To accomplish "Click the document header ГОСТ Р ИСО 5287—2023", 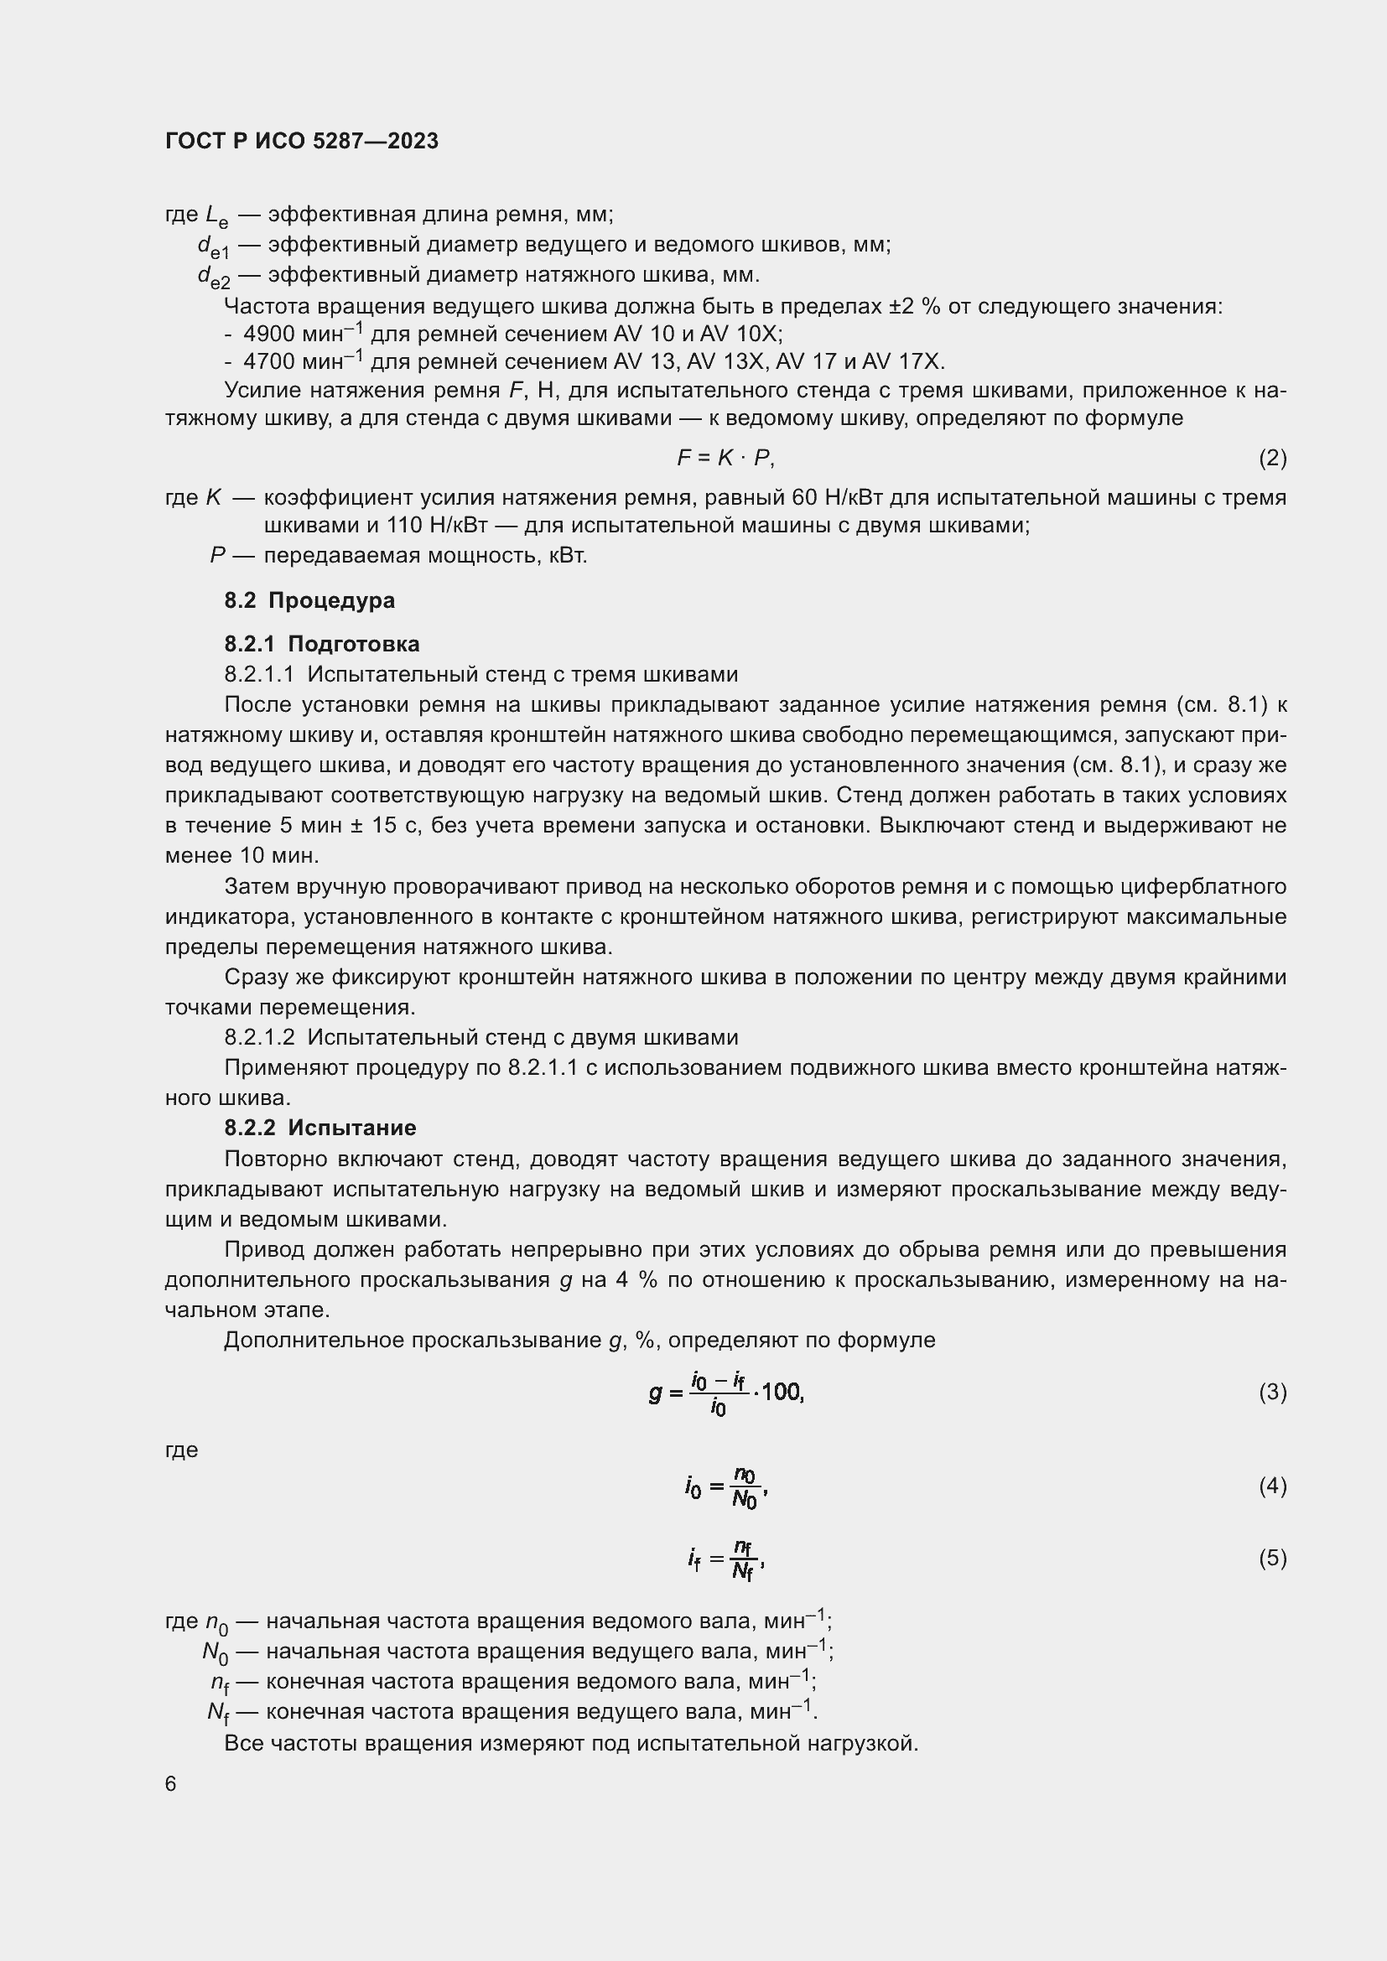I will tap(302, 141).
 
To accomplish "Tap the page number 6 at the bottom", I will tap(171, 1784).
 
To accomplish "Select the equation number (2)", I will tap(1272, 458).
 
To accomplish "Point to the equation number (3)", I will tap(1272, 1393).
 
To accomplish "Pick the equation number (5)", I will tap(1272, 1558).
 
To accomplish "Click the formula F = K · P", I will tap(725, 458).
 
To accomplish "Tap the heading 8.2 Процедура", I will tap(309, 599).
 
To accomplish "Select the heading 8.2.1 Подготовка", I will tap(322, 643).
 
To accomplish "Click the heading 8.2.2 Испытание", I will tap(320, 1128).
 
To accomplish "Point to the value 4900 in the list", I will tap(268, 334).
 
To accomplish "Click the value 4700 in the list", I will tap(268, 362).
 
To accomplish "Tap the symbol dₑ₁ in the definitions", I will tap(214, 246).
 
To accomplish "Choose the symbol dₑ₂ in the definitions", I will tap(214, 277).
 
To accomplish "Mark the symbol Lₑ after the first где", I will tap(217, 216).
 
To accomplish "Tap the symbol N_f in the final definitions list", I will tap(217, 1713).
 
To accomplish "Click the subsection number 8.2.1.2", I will tap(259, 1037).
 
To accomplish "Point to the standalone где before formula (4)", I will tap(181, 1450).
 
